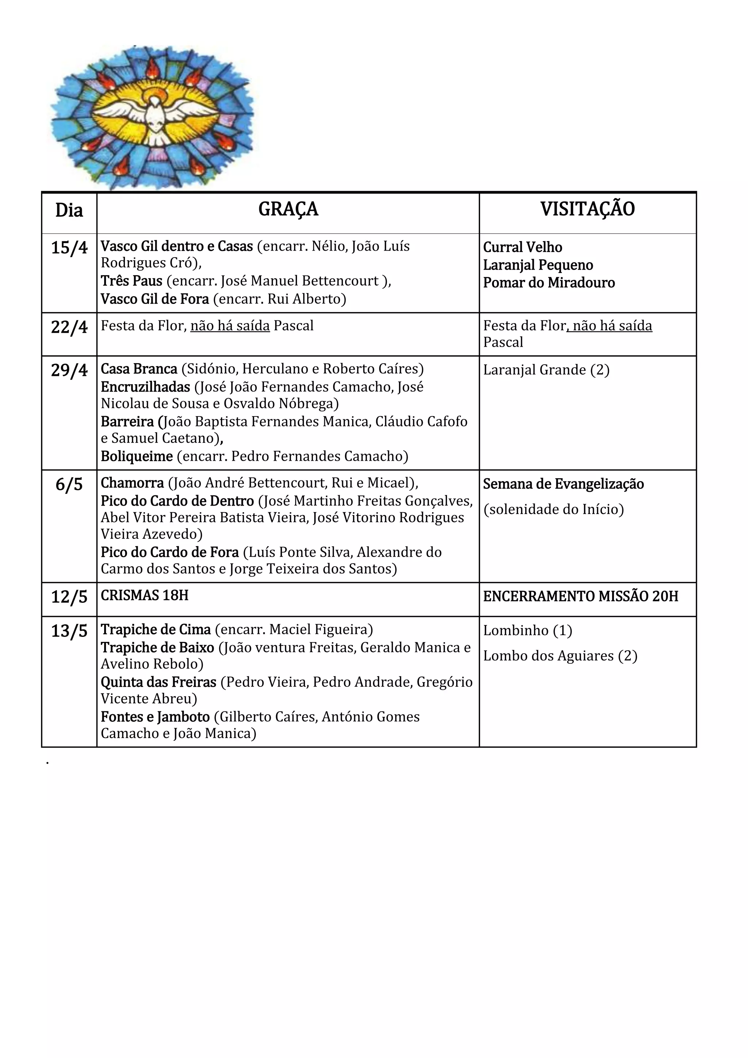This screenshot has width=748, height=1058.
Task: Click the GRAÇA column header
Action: point(288,210)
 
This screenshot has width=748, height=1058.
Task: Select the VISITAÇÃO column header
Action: point(587,210)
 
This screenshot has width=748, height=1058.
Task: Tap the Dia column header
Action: point(69,210)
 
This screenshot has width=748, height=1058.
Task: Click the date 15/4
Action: point(69,248)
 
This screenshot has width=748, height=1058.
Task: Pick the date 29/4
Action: point(69,370)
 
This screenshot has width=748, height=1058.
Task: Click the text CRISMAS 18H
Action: point(145,595)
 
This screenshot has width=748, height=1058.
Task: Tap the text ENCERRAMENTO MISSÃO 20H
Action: point(580,597)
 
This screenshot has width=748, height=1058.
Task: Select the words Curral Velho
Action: point(522,247)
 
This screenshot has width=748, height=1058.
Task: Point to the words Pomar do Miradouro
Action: point(549,282)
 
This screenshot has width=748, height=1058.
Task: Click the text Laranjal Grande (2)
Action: point(546,370)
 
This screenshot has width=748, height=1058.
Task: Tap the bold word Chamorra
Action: point(132,483)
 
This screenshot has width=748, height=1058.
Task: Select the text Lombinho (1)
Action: point(527,630)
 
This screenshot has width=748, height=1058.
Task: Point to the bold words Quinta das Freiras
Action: point(159,682)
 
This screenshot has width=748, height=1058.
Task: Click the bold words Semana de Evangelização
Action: point(563,484)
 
